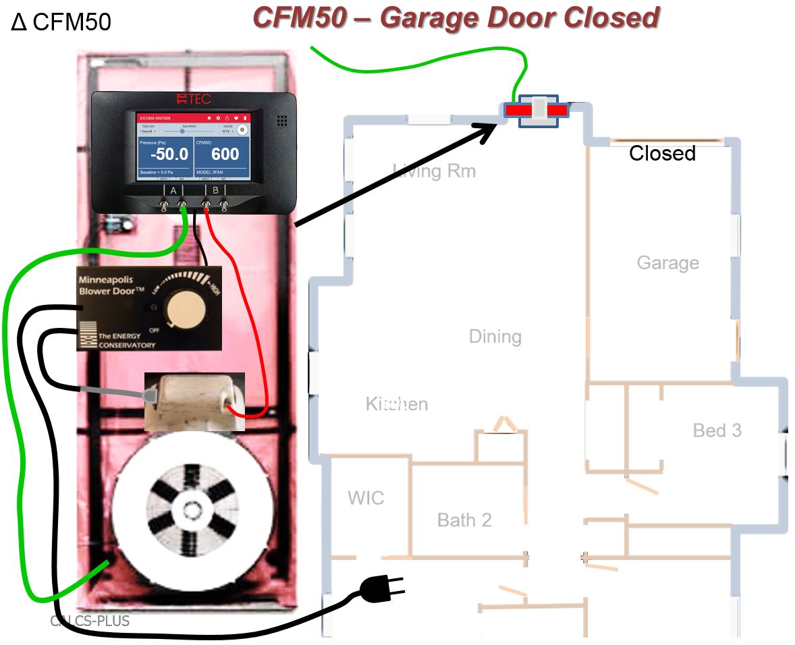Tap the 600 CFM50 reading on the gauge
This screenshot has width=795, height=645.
click(x=224, y=155)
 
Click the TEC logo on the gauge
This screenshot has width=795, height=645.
click(x=194, y=99)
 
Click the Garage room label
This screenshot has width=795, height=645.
click(x=667, y=262)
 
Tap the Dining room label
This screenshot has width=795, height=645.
click(x=495, y=336)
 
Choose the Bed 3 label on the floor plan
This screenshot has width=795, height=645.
click(x=717, y=430)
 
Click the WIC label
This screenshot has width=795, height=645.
click(x=366, y=498)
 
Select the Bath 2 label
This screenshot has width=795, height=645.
click(x=464, y=520)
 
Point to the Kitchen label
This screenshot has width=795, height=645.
click(x=397, y=403)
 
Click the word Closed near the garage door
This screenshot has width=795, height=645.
click(x=662, y=154)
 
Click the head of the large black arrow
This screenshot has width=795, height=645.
click(x=497, y=128)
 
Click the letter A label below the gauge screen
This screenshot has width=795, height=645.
click(x=173, y=191)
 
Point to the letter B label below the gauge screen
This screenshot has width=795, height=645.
click(x=215, y=191)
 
